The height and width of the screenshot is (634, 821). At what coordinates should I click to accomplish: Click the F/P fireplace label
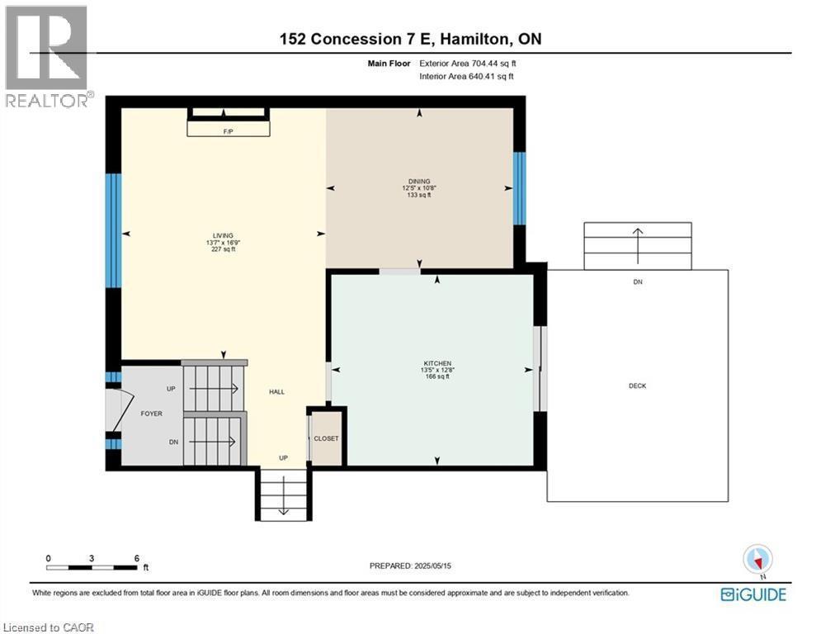coord(228,131)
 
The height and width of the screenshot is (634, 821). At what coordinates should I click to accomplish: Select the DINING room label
coord(419,182)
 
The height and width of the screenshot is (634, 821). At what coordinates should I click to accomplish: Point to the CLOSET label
coord(326,438)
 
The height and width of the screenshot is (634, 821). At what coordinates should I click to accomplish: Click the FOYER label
coord(151,415)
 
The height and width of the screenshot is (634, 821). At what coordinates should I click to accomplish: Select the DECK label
coord(636,386)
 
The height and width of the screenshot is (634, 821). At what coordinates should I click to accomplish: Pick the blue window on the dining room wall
coord(519,188)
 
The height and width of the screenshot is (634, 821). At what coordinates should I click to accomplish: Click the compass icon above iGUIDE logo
coord(756,558)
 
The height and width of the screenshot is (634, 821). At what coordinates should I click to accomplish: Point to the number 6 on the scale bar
coord(136,558)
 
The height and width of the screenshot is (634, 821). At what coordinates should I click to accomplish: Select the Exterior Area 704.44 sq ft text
coord(468,63)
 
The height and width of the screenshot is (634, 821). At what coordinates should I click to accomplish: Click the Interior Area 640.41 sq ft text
coord(466,77)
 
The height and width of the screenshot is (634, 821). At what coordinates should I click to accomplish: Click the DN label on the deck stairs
coord(637,282)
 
